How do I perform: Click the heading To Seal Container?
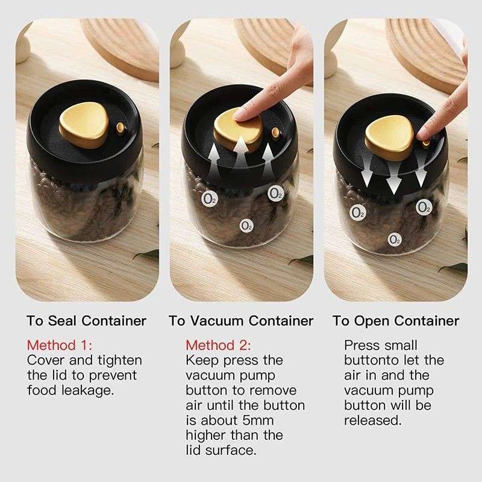tap(86, 321)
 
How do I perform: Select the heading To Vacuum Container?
tap(241, 321)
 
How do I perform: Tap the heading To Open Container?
tap(395, 321)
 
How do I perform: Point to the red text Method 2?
tap(218, 345)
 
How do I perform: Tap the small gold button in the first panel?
tap(122, 128)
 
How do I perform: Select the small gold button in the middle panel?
tap(276, 133)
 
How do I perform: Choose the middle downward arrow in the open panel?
tap(393, 181)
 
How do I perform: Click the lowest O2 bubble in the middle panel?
tap(246, 225)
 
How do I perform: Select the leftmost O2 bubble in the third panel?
tap(357, 212)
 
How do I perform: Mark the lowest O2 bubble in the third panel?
tap(395, 239)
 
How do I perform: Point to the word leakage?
tap(88, 390)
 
